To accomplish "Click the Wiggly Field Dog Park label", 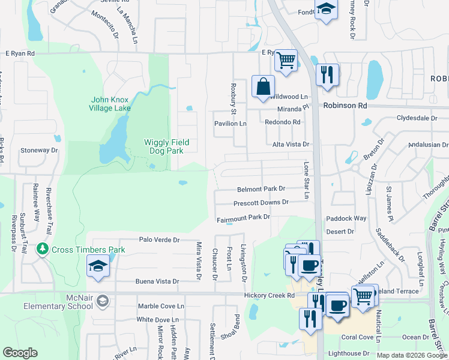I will (166, 146).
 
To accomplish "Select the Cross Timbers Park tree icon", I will (42, 249).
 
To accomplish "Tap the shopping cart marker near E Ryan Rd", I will (287, 60).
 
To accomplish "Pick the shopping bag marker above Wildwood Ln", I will (263, 86).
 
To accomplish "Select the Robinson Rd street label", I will (345, 105).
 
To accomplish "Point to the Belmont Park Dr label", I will (261, 188).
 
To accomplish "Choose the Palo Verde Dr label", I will (159, 240).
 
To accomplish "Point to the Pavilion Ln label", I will (231, 124).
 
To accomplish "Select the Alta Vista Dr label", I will (291, 145).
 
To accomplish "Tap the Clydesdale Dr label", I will (417, 118).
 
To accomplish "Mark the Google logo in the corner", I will (20, 353).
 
